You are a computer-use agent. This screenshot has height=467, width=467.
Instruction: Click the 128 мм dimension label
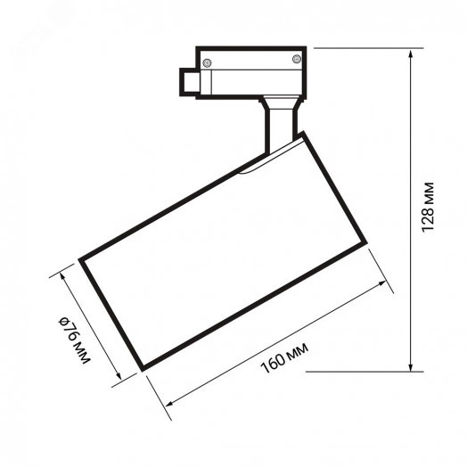pos(428,207)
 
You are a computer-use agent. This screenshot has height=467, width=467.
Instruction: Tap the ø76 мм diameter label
pos(74,340)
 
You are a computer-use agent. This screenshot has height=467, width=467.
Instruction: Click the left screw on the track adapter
pos(207,63)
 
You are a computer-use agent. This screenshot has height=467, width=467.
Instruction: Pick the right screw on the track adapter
pos(297,59)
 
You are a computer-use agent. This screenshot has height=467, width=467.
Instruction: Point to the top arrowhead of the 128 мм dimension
pos(411,53)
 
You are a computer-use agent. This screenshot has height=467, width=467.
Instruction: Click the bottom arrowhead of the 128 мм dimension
pos(411,367)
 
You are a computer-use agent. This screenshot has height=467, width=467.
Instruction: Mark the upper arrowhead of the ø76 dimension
pos(63,276)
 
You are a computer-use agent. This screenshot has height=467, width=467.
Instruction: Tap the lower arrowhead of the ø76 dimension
pos(119,376)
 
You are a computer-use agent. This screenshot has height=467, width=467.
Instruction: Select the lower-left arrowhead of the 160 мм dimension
pos(169,403)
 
